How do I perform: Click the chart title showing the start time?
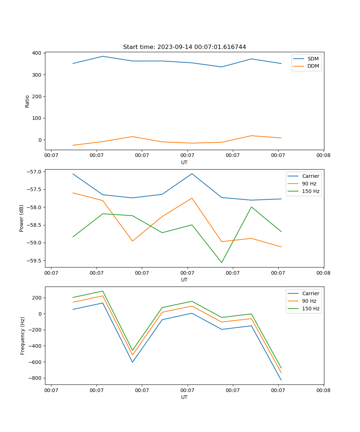pos(184,47)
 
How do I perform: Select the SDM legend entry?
pos(313,59)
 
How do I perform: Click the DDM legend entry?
pos(313,66)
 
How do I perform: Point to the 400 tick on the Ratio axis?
pos(36,53)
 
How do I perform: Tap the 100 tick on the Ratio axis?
pos(36,118)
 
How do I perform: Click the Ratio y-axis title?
pos(27,101)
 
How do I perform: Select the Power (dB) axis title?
pos(22,218)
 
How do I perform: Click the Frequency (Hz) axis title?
pos(23,336)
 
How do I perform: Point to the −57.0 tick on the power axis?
pos(33,172)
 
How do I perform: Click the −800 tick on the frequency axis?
pos(34,378)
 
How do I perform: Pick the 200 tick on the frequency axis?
pos(36,298)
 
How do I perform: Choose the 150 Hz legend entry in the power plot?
pos(311,191)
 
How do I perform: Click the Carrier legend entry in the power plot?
pos(310,176)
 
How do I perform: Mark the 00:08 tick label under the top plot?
pos(323,156)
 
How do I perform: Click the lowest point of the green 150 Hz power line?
pos(222,262)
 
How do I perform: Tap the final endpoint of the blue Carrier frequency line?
pos(281,380)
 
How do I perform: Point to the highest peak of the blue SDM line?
pos(103,56)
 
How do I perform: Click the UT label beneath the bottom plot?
pos(184,397)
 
